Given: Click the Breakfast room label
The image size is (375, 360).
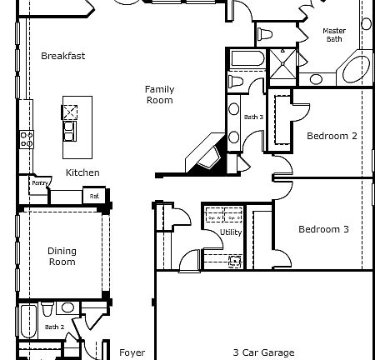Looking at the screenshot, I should (x=63, y=56).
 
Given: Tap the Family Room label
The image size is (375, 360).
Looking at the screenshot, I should (x=159, y=95).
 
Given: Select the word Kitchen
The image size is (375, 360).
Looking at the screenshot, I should (x=82, y=172).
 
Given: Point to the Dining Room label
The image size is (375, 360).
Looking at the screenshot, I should (x=61, y=256).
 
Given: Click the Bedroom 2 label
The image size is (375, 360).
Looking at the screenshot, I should (x=332, y=136).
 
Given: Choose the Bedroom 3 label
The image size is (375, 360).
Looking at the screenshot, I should (x=323, y=229).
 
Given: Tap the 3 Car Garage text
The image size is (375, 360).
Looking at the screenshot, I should (x=263, y=352).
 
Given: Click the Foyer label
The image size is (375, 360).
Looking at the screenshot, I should (x=132, y=352).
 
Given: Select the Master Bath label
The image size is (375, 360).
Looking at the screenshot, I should (x=334, y=35).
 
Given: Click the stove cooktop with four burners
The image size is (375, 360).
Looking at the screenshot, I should (x=26, y=138).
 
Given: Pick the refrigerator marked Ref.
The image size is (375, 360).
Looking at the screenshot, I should (x=95, y=196).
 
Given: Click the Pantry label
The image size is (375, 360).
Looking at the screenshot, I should (x=38, y=182).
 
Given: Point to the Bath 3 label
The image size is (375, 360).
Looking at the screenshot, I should (x=253, y=117).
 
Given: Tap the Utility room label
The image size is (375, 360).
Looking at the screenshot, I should (x=231, y=232).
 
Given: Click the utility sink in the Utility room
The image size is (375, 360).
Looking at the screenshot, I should (x=236, y=261).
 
